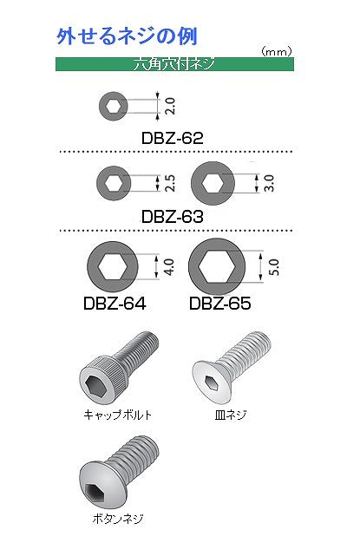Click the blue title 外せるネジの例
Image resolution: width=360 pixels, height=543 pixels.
coord(127,36)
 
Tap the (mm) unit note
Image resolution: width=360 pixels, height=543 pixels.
coord(275,52)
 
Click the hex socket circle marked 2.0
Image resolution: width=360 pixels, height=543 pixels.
coord(113,107)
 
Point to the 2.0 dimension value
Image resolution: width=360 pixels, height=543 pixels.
coord(170,107)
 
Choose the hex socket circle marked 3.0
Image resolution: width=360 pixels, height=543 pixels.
coord(211,182)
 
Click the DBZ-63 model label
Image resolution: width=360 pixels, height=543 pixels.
coord(172,215)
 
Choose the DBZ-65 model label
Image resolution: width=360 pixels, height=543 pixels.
coord(219,304)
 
